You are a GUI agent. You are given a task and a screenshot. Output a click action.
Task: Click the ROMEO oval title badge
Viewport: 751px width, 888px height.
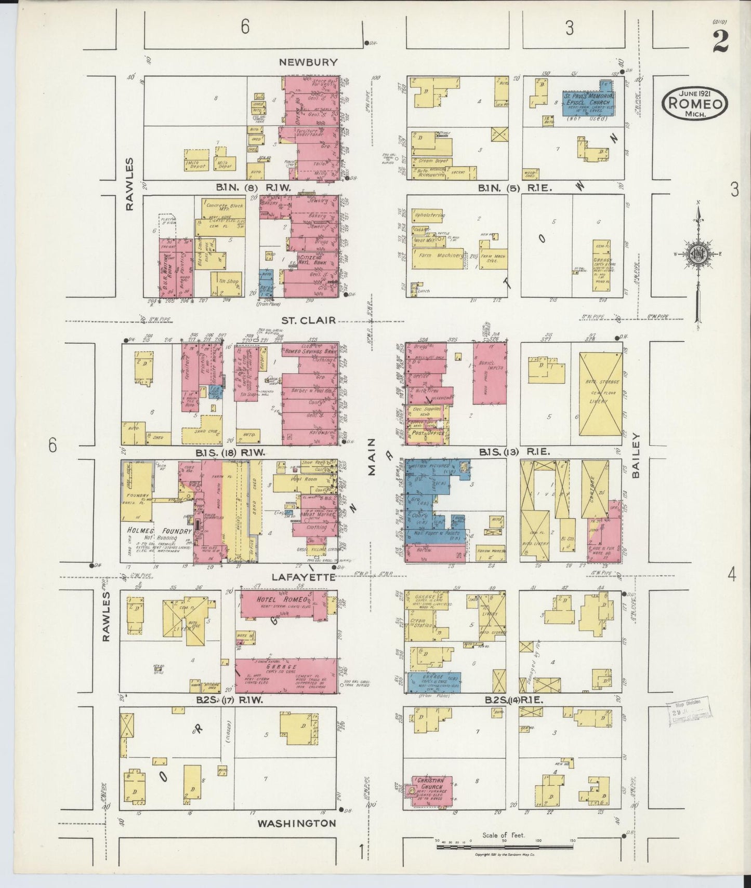(x=694, y=102)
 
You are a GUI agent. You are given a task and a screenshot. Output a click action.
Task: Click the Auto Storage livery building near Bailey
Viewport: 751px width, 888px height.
(x=600, y=395)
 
